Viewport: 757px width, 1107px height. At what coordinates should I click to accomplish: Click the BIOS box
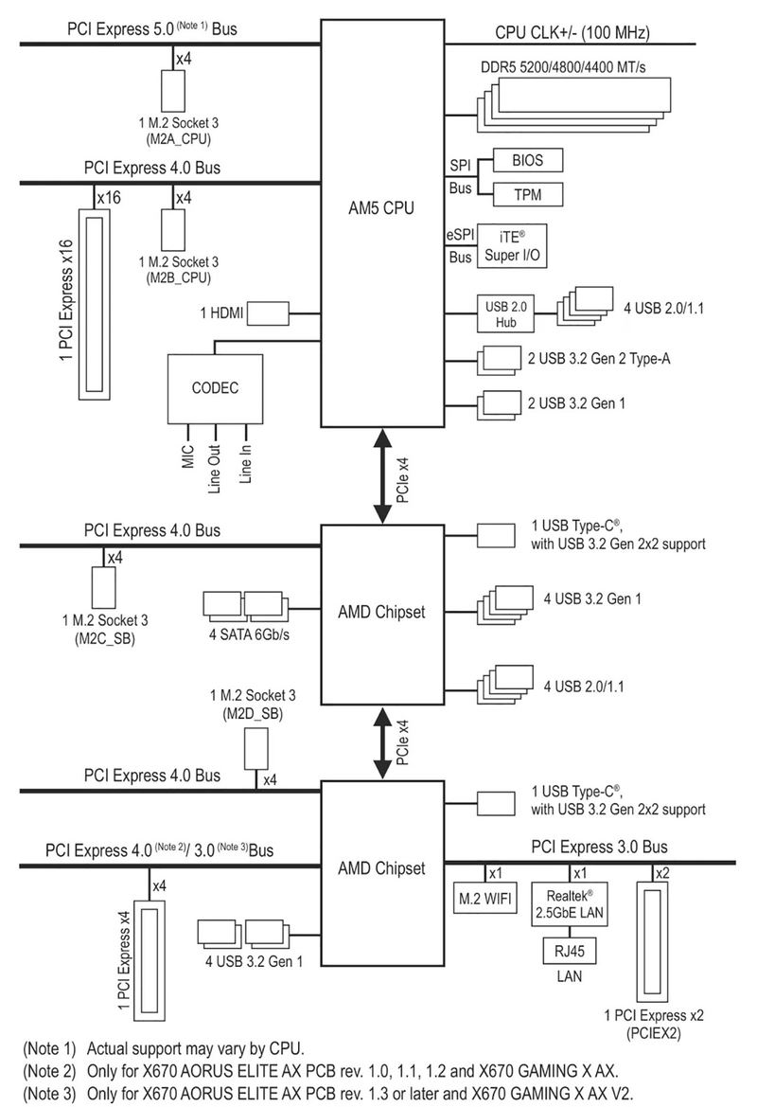pos(528,160)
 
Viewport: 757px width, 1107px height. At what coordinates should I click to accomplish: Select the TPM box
pos(528,194)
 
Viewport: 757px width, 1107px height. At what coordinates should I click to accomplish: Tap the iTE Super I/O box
pos(512,245)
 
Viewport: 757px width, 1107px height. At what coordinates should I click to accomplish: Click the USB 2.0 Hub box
pos(505,314)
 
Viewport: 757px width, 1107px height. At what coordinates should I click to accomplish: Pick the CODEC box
pos(215,388)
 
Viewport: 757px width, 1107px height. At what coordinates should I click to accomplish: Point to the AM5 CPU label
pos(381,208)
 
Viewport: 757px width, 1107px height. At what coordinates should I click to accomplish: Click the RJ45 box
pos(570,951)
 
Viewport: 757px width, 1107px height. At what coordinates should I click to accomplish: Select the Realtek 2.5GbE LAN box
pos(570,904)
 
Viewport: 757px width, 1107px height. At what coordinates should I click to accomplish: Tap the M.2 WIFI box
pos(485,898)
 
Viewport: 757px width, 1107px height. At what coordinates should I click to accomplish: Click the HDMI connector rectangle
pos(268,313)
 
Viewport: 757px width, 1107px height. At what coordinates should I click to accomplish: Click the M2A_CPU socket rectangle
pos(173,91)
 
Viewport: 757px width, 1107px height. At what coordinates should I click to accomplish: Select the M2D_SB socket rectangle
pos(256,749)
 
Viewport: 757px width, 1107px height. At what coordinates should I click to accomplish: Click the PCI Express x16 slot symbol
pos(94,304)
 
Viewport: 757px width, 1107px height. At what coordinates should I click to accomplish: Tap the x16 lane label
pos(110,198)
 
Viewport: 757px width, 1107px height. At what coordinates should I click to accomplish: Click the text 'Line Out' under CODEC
pos(215,469)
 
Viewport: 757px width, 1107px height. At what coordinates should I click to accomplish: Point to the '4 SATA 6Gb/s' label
pos(249,634)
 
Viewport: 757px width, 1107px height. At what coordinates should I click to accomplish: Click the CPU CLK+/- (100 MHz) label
pos(572,32)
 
